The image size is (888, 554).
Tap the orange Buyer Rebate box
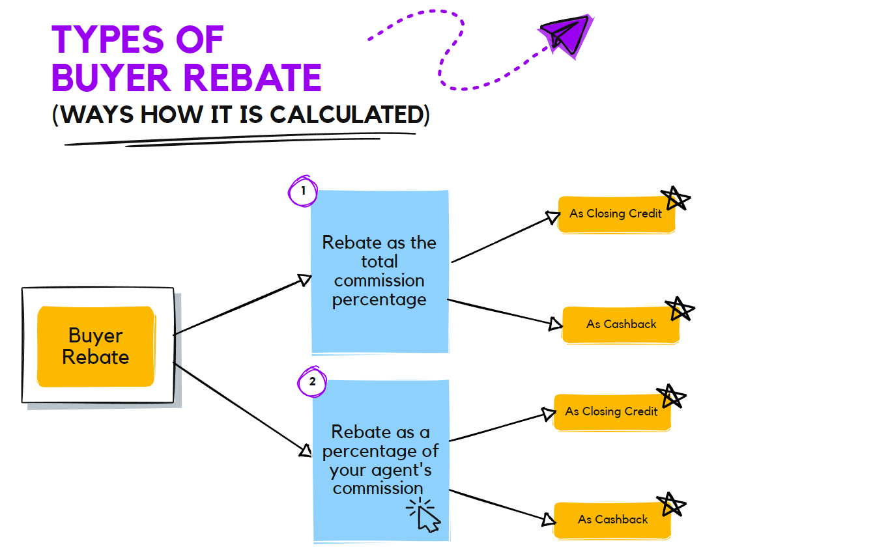click(x=96, y=346)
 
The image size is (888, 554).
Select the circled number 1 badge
click(x=302, y=191)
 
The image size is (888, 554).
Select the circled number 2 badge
click(x=312, y=381)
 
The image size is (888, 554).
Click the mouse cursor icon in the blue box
click(x=424, y=515)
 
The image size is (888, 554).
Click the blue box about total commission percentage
click(x=380, y=271)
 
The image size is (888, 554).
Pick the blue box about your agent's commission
click(x=381, y=460)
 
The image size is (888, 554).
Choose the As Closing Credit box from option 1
click(x=616, y=214)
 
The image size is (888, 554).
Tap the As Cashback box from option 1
click(x=621, y=324)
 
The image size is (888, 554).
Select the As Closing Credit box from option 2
click(x=611, y=411)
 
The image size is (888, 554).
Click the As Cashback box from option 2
click(x=612, y=519)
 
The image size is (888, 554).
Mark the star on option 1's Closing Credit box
click(x=676, y=198)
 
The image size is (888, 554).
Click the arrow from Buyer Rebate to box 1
click(x=241, y=307)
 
